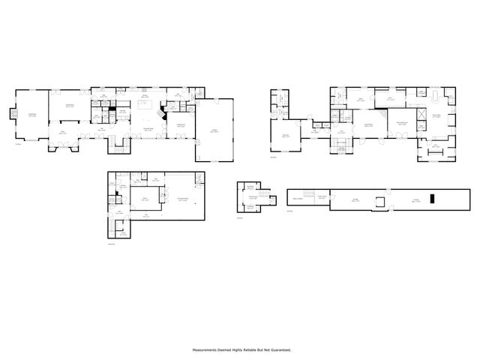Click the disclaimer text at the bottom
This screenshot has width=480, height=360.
point(241,349)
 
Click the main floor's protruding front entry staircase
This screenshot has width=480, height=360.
point(117,147)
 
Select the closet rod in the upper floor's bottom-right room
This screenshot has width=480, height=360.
point(436,145)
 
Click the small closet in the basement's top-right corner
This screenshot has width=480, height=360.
point(199,177)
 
